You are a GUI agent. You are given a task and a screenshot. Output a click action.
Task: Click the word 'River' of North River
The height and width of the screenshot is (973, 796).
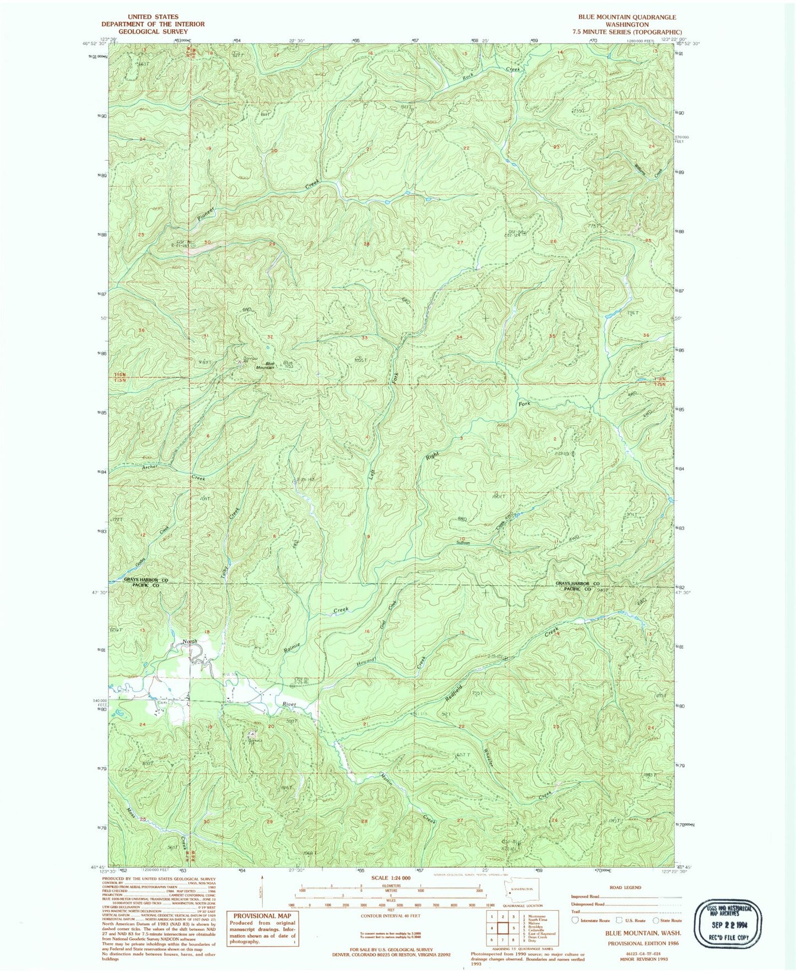pyautogui.click(x=289, y=704)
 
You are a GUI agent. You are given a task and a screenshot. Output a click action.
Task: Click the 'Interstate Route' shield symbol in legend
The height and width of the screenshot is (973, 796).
pyautogui.click(x=575, y=920)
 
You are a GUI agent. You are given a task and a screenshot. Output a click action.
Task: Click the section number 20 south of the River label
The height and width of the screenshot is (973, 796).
pyautogui.click(x=270, y=726)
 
